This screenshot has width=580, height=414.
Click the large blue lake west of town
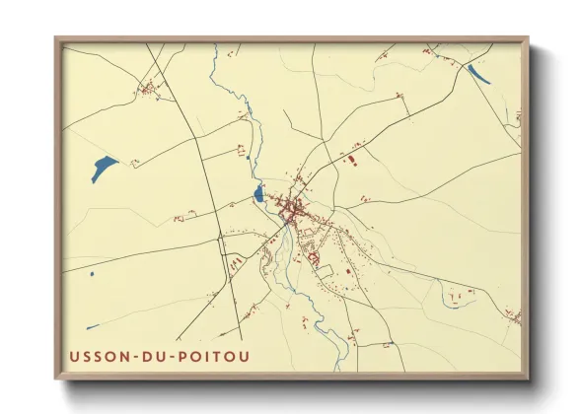pos(104,169)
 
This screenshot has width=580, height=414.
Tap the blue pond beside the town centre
pos(258,193)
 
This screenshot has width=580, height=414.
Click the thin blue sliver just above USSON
pos(92,327)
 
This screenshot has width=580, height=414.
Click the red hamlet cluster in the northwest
pos(150,92)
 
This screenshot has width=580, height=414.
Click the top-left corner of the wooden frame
pos(56,39)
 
